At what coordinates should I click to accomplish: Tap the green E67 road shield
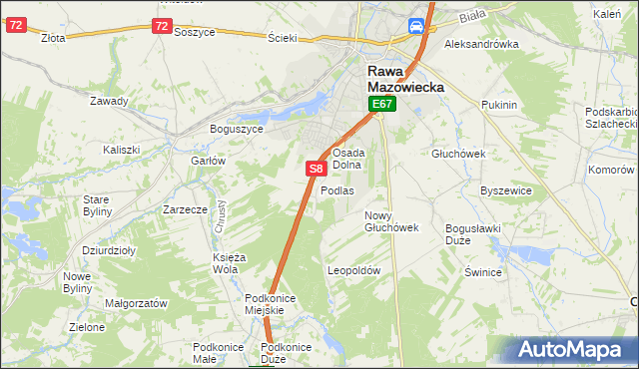coord(383,104)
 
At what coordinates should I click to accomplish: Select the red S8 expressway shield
coord(315,171)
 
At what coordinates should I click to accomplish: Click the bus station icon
coord(416,28)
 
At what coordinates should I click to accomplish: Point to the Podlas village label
coord(337,190)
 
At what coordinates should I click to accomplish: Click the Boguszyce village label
coord(236,129)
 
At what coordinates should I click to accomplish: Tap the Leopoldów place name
coord(354,270)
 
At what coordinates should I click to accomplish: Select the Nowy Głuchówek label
coord(391,221)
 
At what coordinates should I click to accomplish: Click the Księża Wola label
coord(229,263)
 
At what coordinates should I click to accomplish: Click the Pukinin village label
coord(498,105)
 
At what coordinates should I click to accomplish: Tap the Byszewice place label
coord(503,189)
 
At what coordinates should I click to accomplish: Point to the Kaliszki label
coord(121,150)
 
